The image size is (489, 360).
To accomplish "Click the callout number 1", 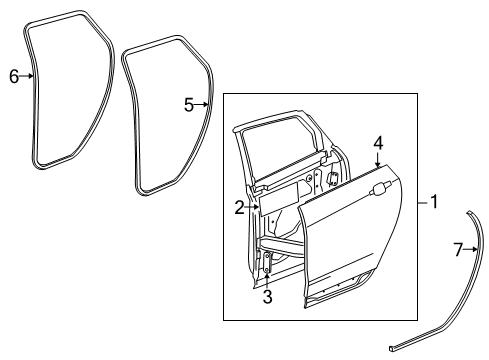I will [434, 202].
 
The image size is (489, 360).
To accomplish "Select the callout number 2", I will [240, 208].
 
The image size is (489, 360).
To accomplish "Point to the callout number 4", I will [378, 143].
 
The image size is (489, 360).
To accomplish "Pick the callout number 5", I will [189, 104].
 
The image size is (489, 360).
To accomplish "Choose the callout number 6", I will [14, 75].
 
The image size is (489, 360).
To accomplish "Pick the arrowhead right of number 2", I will [257, 208].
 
